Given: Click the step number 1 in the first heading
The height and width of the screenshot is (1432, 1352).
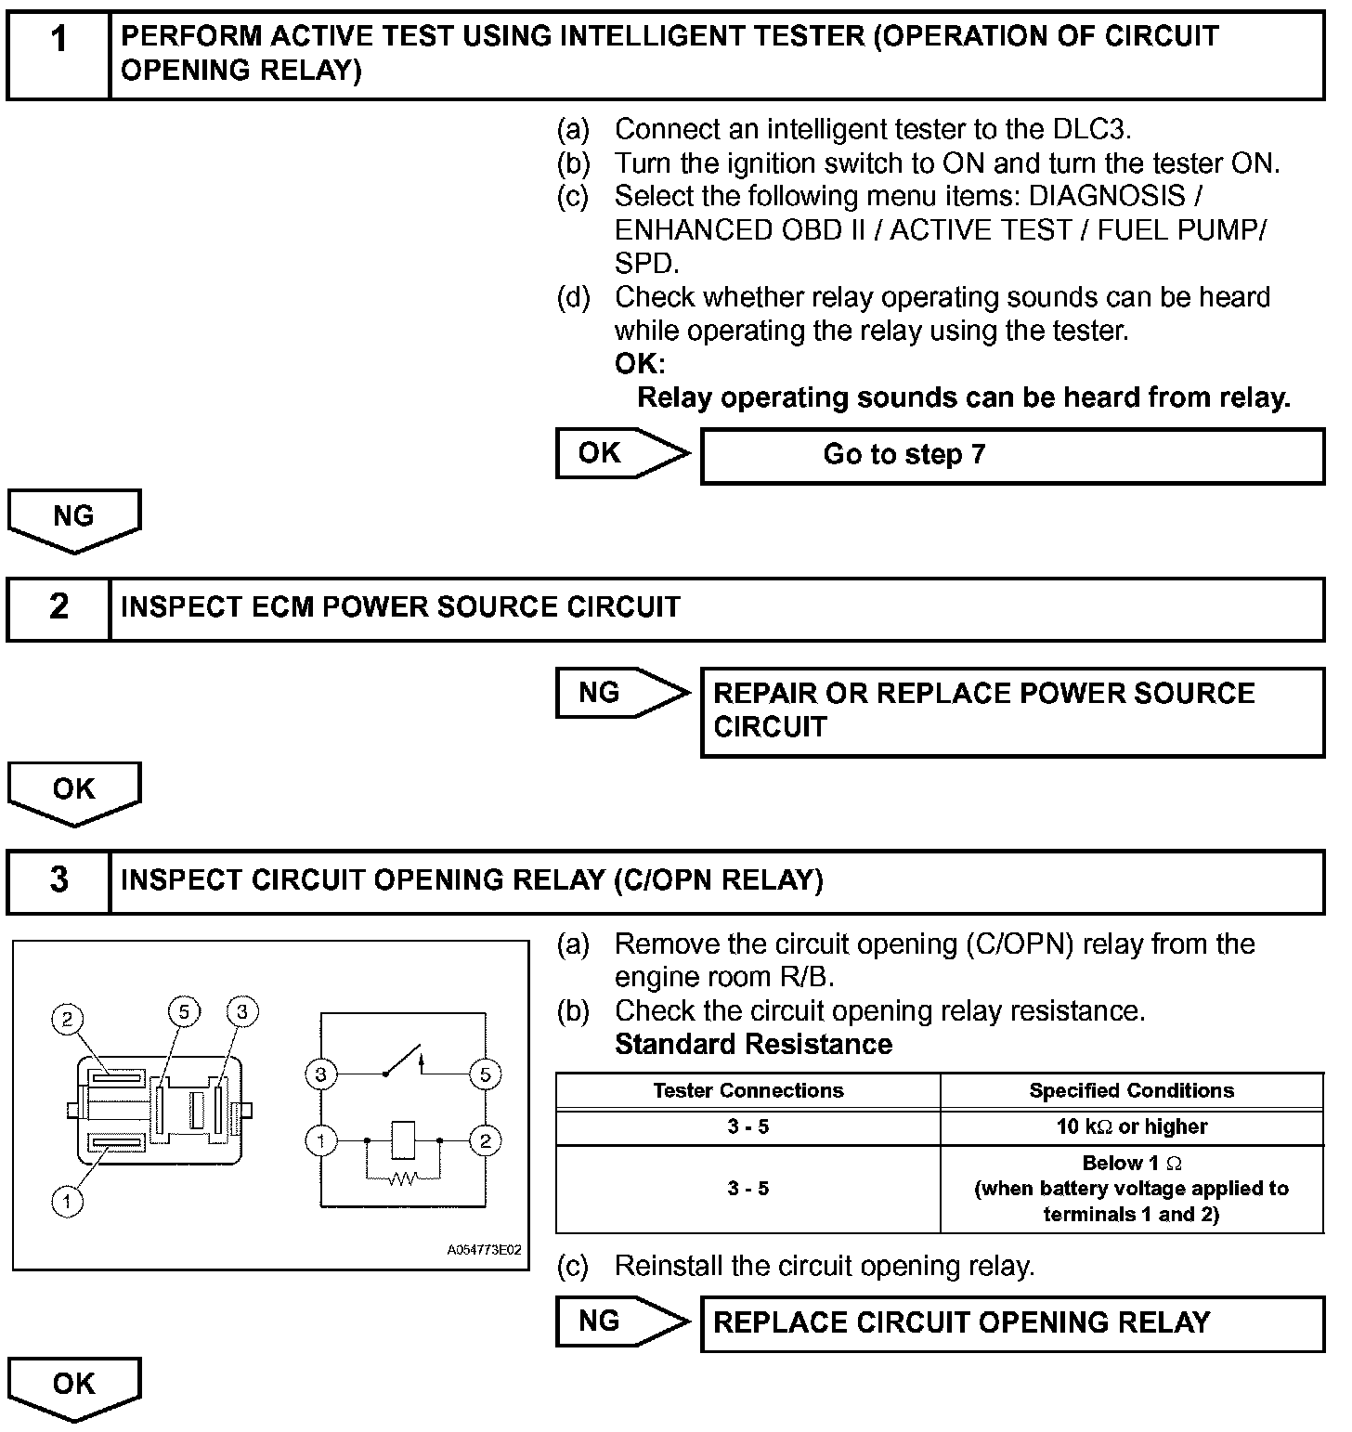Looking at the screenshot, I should click(x=58, y=41).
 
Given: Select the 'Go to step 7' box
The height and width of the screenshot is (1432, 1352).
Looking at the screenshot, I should click(x=1012, y=455).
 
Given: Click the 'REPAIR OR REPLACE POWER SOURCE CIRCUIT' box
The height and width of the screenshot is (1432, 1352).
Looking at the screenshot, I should click(x=1012, y=710).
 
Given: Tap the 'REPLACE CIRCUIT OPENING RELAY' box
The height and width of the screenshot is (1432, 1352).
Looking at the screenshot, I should click(x=1012, y=1322).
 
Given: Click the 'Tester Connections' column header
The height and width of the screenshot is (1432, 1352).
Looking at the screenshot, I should click(x=747, y=1090).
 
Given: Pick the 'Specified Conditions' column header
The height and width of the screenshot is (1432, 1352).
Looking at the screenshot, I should click(x=1131, y=1090).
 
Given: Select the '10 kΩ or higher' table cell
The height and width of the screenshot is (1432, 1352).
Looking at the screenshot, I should click(x=1131, y=1126).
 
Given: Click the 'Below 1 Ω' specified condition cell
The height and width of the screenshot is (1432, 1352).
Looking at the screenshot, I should click(x=1131, y=1189).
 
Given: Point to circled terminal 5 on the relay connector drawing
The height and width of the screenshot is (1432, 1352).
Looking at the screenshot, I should click(x=184, y=1010).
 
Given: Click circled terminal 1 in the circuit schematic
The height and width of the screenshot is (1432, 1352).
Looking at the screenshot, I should click(x=321, y=1139).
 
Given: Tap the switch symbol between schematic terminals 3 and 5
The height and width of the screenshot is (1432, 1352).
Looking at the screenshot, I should click(x=403, y=1061).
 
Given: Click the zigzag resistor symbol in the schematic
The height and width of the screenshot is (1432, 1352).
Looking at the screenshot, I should click(x=402, y=1179).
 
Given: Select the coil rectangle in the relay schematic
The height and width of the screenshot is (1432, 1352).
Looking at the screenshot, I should click(x=402, y=1139).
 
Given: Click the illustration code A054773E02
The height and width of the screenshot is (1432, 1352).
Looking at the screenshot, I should click(x=484, y=1249).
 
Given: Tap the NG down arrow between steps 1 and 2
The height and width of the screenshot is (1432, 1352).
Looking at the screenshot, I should click(x=74, y=520).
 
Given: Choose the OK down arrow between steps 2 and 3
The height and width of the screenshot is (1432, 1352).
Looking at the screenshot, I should click(x=74, y=792).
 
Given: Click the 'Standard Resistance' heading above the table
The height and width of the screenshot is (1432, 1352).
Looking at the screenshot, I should click(x=753, y=1045).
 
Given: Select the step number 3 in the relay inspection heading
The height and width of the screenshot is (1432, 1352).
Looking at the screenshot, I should click(x=58, y=879).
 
